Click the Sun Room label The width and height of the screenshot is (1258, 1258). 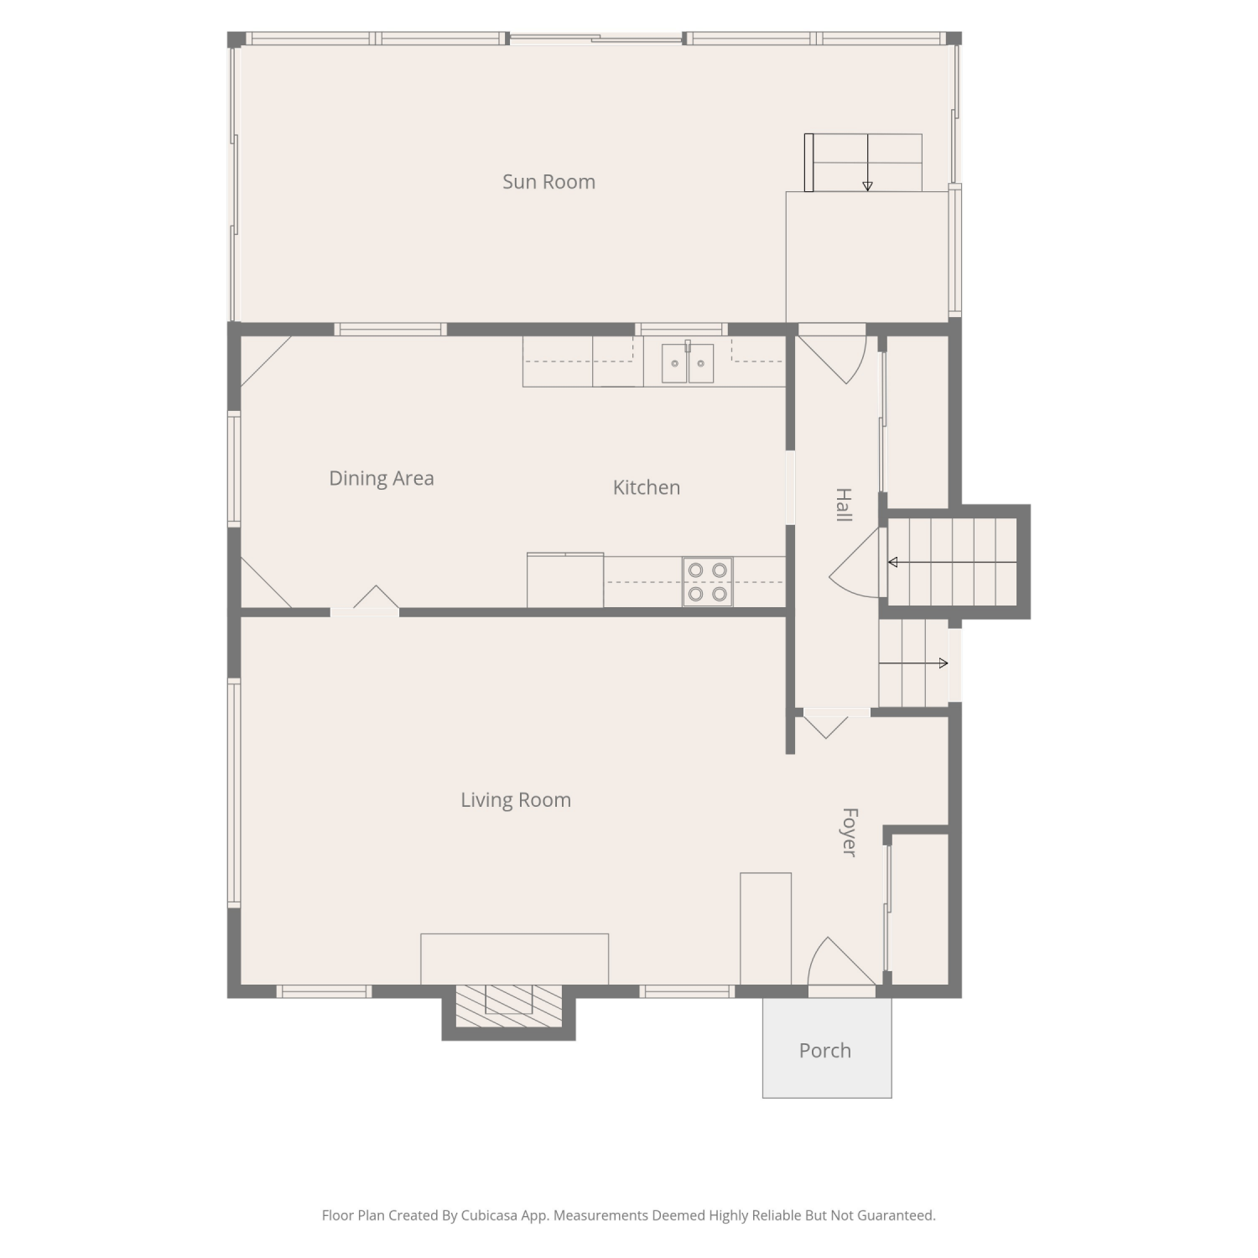click(x=548, y=182)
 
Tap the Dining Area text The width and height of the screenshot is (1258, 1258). click(x=382, y=478)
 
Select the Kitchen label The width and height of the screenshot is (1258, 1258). click(x=646, y=487)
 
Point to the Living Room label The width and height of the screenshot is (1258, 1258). click(x=516, y=800)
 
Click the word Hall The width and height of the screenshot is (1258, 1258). click(x=844, y=505)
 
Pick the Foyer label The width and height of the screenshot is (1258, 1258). click(x=850, y=832)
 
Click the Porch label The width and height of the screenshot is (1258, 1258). click(x=825, y=1051)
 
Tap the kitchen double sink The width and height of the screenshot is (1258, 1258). click(x=688, y=363)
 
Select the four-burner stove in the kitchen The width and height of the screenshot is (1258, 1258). click(x=708, y=582)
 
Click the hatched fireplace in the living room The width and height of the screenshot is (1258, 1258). click(x=509, y=1006)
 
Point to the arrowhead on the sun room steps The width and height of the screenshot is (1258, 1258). click(x=867, y=186)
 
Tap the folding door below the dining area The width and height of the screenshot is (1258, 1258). click(x=366, y=600)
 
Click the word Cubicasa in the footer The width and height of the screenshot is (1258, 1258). click(x=488, y=1215)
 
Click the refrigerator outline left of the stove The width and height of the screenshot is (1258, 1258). click(x=565, y=580)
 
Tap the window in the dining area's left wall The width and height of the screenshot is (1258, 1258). click(x=235, y=469)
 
